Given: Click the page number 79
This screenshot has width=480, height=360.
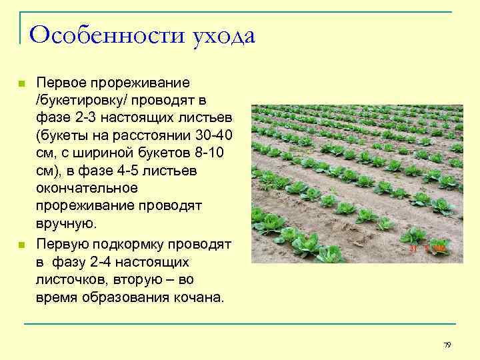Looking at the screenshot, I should point(447,345).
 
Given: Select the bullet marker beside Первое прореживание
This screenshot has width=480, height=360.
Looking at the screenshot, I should point(21,84).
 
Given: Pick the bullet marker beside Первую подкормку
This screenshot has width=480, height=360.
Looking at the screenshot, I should point(21,245).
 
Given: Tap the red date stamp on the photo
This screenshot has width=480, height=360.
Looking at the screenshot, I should point(427,248).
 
